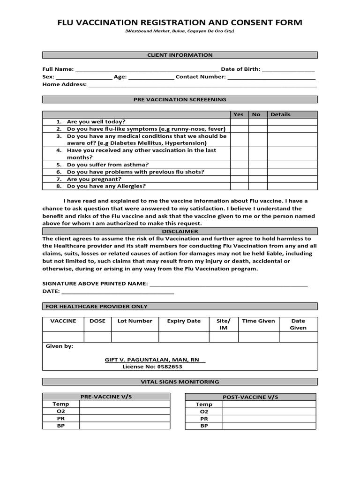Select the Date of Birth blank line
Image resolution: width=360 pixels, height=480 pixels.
click(x=288, y=70)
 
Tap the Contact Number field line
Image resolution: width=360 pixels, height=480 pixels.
click(x=271, y=77)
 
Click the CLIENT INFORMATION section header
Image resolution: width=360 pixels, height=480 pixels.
click(x=180, y=55)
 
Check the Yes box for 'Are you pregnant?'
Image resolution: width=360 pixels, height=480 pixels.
click(x=239, y=179)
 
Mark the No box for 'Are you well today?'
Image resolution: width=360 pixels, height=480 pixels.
click(x=257, y=121)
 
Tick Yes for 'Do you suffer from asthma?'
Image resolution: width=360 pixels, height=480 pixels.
click(x=239, y=165)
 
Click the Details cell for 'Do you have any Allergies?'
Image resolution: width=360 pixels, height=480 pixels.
click(x=292, y=186)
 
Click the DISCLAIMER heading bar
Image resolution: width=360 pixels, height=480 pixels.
click(x=180, y=232)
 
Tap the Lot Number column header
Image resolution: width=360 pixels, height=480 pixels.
click(x=135, y=321)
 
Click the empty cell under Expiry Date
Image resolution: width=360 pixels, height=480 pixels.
click(x=184, y=337)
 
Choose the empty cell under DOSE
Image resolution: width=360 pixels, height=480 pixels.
click(x=97, y=337)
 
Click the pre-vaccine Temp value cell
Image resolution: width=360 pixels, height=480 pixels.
click(x=125, y=404)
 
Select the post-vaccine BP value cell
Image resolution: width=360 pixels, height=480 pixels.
click(x=269, y=426)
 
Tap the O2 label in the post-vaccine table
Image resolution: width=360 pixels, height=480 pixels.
click(x=204, y=412)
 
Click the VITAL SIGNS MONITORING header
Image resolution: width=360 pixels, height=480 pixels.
click(x=180, y=382)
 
